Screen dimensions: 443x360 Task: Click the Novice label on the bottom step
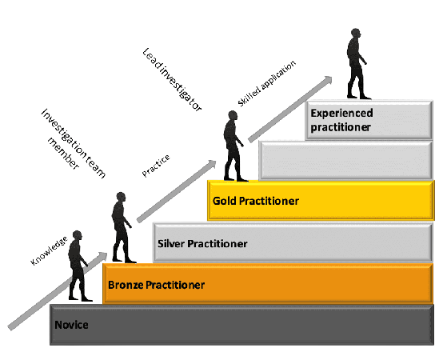click(71, 325)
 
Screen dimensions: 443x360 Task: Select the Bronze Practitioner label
click(156, 285)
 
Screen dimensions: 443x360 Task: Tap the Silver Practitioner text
click(202, 243)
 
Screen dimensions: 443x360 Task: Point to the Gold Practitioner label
click(256, 201)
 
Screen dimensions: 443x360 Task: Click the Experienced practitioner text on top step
click(341, 120)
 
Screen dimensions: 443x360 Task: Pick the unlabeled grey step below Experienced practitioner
click(345, 160)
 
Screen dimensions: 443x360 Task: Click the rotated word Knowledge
click(49, 251)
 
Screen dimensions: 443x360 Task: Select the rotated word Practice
click(156, 166)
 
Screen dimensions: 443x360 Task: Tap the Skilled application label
click(266, 83)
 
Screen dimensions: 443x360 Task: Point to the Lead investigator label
click(172, 80)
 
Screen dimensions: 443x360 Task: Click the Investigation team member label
click(74, 142)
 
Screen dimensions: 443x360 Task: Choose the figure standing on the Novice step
click(78, 266)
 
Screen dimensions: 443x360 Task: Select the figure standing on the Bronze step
click(122, 227)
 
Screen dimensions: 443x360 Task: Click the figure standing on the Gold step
click(234, 146)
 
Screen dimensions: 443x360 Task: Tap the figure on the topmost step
click(357, 63)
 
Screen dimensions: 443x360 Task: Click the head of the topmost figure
click(356, 33)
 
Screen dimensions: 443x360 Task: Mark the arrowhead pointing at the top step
click(328, 80)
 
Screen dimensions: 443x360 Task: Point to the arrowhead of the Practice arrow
click(212, 164)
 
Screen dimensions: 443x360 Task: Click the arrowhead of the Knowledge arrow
click(103, 256)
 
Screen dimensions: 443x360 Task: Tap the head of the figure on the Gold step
click(233, 115)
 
